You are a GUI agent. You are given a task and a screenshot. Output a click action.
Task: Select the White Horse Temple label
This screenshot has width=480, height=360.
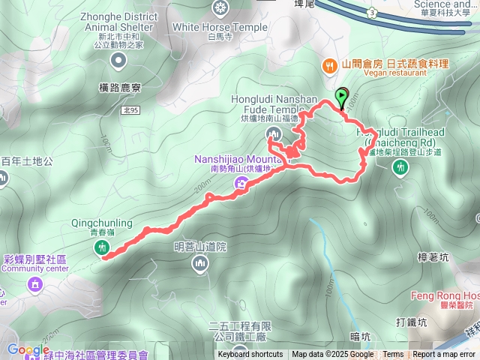(x=219, y=27)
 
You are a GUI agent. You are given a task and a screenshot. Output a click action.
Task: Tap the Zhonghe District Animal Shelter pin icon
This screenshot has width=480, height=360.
(x=117, y=59)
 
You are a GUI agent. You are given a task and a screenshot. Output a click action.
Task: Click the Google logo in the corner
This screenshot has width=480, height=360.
(x=28, y=350)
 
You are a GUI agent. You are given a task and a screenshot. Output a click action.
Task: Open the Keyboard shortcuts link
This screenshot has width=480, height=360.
(x=250, y=355)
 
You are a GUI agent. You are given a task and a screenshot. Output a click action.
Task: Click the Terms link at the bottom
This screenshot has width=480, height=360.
(x=393, y=355)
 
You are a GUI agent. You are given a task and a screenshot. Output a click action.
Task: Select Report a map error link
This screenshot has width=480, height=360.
(x=444, y=355)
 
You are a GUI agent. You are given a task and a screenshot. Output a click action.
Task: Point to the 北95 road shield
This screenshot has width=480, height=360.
(x=130, y=109)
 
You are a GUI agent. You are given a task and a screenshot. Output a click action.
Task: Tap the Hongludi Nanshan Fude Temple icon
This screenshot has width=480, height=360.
(x=272, y=134)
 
